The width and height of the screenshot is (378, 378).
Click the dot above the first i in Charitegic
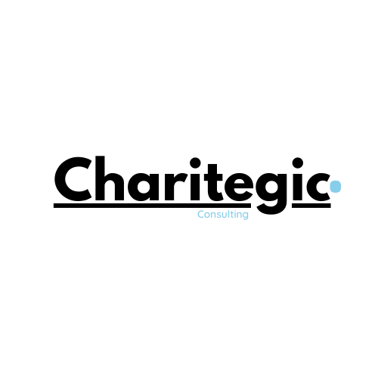pyautogui.click(x=195, y=163)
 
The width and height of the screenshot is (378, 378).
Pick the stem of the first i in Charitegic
pyautogui.click(x=195, y=187)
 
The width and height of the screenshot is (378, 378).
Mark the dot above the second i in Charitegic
pyautogui.click(x=298, y=163)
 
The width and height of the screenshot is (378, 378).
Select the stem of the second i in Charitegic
pyautogui.click(x=298, y=187)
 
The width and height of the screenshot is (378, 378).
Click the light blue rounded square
pyautogui.click(x=336, y=187)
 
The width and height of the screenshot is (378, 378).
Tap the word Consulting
pyautogui.click(x=223, y=215)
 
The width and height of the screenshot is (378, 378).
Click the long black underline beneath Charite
pyautogui.click(x=152, y=206)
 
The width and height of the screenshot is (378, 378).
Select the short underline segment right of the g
pyautogui.click(x=311, y=206)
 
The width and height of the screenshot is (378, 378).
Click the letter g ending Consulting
pyautogui.click(x=245, y=215)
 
